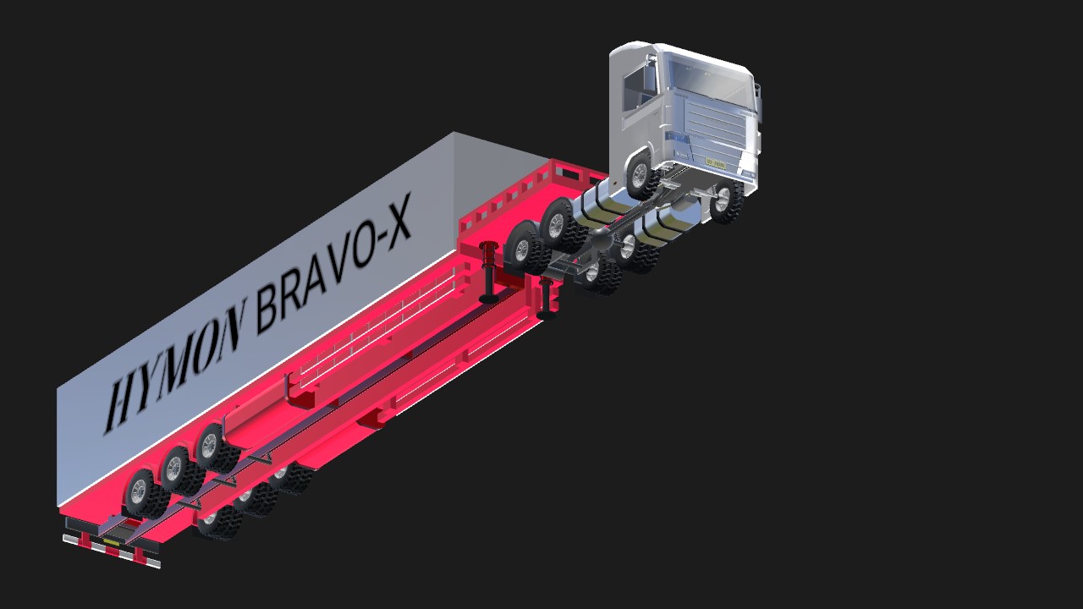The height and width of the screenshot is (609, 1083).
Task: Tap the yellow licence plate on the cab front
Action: pos(716,163)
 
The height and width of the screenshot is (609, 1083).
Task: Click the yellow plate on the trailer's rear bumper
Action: pos(111,543)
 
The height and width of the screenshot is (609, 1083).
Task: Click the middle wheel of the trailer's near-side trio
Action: pos(178,469)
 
